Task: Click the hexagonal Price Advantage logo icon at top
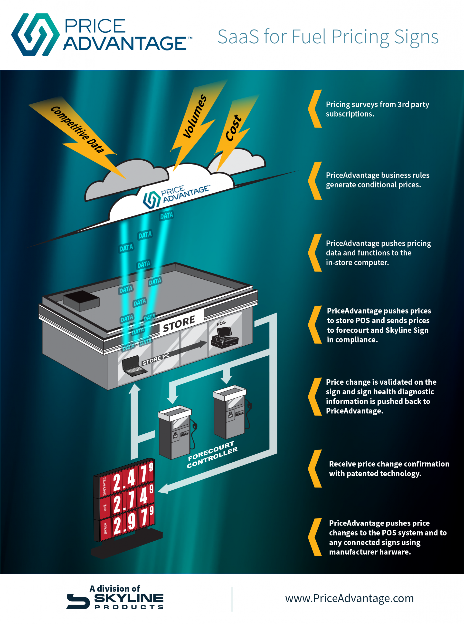click(x=35, y=34)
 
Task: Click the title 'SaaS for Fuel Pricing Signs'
click(x=328, y=37)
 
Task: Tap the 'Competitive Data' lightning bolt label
click(x=77, y=129)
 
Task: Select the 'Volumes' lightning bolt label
click(x=195, y=116)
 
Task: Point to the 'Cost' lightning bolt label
click(x=233, y=128)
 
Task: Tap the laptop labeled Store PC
click(x=134, y=365)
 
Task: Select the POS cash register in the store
click(x=225, y=337)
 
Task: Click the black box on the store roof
click(x=81, y=301)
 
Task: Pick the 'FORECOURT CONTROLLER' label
click(x=212, y=454)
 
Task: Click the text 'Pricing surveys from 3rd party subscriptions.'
click(x=377, y=109)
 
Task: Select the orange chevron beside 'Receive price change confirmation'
click(x=315, y=468)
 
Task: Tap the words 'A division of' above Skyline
click(x=114, y=589)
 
